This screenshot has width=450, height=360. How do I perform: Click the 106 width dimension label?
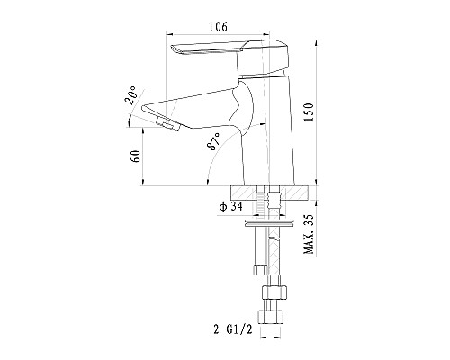[218, 27]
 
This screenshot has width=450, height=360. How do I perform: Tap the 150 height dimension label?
[309, 112]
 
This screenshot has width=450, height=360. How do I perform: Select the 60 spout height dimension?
[136, 156]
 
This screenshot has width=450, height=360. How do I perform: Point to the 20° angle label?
[131, 95]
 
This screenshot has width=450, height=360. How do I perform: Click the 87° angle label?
[213, 141]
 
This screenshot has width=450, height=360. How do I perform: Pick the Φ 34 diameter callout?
[230, 206]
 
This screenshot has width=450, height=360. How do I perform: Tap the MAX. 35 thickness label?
[309, 234]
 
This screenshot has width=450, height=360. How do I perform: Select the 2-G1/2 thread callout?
[232, 329]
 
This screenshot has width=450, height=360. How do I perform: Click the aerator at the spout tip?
[167, 124]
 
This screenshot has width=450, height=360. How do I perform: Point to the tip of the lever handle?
[172, 48]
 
